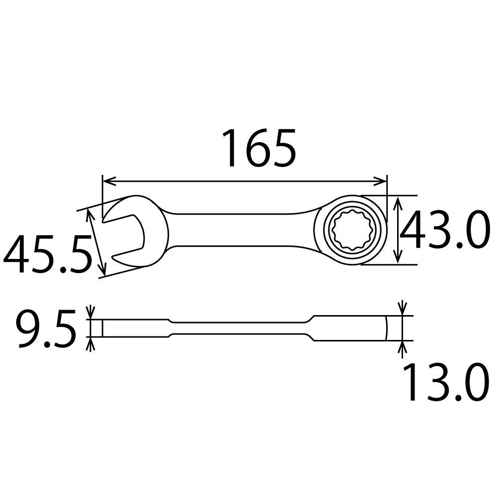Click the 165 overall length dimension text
(x=259, y=148)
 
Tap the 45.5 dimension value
(x=47, y=253)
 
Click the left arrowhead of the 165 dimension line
(x=109, y=181)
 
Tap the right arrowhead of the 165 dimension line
(x=380, y=181)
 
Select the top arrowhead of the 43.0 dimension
(x=398, y=203)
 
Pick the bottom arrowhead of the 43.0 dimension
(x=398, y=257)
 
